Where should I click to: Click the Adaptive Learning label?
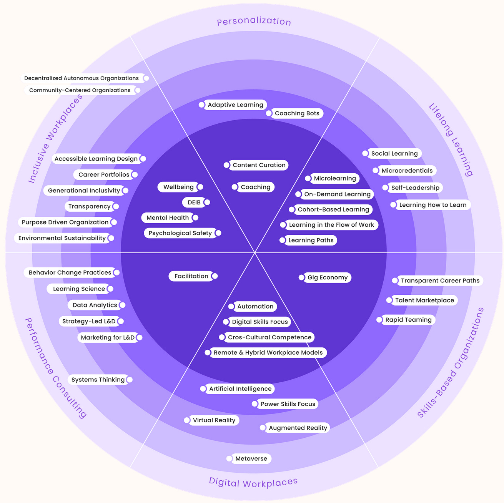click(x=235, y=105)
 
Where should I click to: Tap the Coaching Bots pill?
click(x=297, y=113)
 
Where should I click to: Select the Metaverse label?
click(x=251, y=458)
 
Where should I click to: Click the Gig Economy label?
click(x=328, y=277)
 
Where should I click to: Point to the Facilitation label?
click(x=191, y=276)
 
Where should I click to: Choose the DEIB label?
click(x=194, y=203)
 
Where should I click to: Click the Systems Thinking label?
click(x=98, y=380)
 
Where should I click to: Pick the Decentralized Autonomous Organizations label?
click(x=82, y=78)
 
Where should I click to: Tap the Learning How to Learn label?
click(x=432, y=205)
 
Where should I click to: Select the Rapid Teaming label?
click(x=408, y=320)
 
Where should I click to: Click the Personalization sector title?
click(x=254, y=22)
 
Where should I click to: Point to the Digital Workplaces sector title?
click(x=253, y=483)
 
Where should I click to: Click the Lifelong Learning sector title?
click(x=451, y=140)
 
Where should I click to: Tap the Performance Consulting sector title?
click(x=56, y=368)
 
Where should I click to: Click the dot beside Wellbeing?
click(x=200, y=187)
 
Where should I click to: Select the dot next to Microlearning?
click(x=308, y=178)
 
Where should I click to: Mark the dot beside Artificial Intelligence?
click(x=203, y=389)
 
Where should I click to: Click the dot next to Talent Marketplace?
click(x=389, y=300)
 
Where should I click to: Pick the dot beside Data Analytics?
click(x=122, y=305)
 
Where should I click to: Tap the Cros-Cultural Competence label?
click(x=269, y=337)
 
